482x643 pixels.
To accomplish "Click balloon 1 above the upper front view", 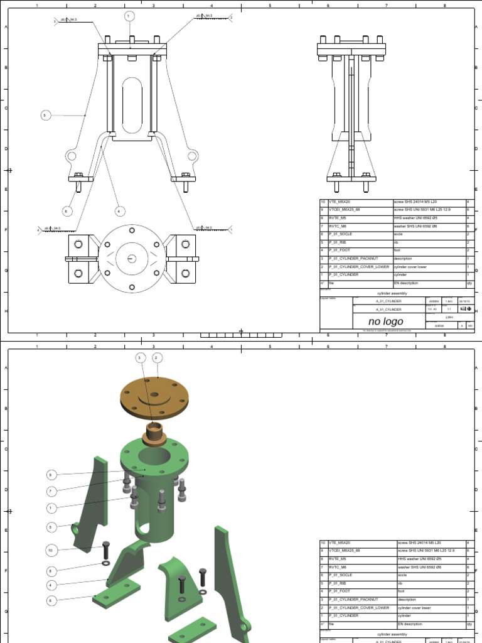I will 130,16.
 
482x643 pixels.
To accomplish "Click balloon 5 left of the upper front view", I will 45,115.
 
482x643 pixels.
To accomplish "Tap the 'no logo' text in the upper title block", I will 385,321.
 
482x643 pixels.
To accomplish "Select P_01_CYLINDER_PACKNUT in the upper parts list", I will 354,259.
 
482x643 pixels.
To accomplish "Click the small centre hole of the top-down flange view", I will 132,258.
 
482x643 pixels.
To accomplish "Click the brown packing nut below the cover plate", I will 154,433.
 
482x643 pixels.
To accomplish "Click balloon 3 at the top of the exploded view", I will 141,358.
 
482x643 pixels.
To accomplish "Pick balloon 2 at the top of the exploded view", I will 157,358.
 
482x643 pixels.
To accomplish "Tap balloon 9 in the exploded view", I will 52,475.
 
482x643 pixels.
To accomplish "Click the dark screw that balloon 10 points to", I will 105,551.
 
